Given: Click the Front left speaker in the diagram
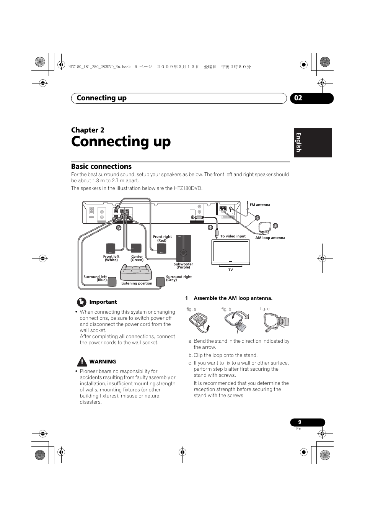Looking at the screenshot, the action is tap(111, 248).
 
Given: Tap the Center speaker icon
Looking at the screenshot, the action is tap(136, 248).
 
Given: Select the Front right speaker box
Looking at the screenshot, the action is tap(162, 248).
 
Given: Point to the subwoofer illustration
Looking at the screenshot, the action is tap(184, 248).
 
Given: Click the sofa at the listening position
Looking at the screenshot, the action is tap(136, 272).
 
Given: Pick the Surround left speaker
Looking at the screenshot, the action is tap(112, 281).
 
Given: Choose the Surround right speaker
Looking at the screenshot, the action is tap(160, 281).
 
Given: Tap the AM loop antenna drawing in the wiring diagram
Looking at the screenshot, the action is tap(265, 227).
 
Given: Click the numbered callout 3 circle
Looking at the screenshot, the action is tap(119, 228).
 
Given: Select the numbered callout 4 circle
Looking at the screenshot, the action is tap(210, 227).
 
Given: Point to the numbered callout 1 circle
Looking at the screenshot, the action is tap(275, 226).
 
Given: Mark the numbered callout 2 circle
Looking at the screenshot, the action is tap(257, 218).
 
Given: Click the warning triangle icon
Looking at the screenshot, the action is tap(82, 362).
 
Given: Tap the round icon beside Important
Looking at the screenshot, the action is tap(81, 302).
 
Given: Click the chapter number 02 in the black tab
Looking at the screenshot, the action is tap(298, 98).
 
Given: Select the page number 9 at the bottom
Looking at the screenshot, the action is tap(300, 422).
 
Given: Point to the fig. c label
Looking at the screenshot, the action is tap(265, 309).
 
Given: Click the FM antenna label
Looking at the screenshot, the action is tap(260, 205).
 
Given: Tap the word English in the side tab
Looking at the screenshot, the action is tap(298, 142).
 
